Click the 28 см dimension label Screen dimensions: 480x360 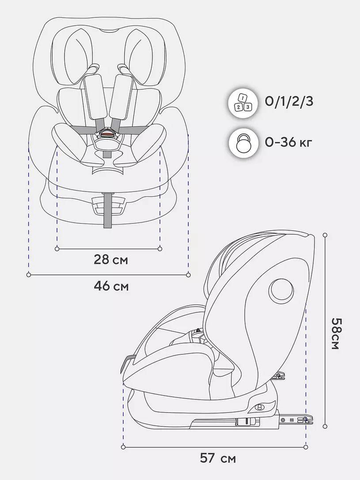[111, 260]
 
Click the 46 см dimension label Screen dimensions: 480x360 [111, 286]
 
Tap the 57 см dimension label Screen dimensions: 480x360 [218, 458]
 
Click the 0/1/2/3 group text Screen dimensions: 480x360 [289, 101]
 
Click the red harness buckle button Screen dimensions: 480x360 [107, 132]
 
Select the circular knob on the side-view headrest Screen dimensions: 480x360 [280, 290]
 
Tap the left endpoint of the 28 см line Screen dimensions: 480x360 [57, 249]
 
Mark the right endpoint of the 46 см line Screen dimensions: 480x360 [189, 275]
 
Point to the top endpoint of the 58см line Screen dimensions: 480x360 [325, 235]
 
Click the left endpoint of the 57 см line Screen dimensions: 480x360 [123, 447]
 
